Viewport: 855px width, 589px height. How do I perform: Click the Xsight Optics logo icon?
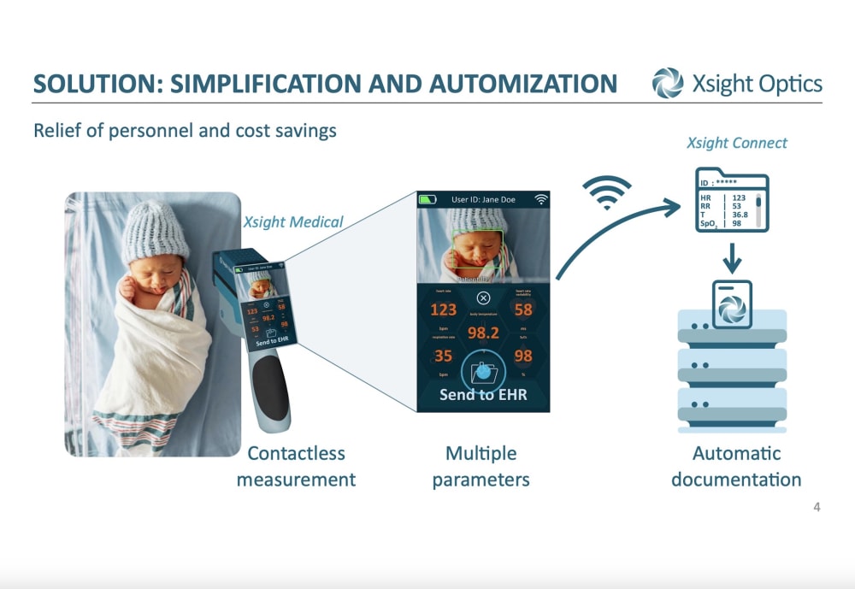668,83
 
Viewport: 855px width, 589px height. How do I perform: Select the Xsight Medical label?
293,222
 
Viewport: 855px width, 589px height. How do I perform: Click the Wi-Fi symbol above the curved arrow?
608,193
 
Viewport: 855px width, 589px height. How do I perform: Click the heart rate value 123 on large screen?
443,309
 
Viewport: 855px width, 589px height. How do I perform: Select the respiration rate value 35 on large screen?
443,356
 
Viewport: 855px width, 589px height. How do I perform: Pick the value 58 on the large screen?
523,309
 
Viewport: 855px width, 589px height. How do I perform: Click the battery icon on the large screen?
427,199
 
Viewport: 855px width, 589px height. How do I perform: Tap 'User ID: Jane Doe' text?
483,199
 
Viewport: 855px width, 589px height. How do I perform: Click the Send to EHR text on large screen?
483,395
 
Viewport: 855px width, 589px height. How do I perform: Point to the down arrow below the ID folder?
732,256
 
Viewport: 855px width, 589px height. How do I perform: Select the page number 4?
817,508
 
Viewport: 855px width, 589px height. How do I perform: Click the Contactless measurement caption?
296,466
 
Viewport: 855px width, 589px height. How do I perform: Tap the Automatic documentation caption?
736,466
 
